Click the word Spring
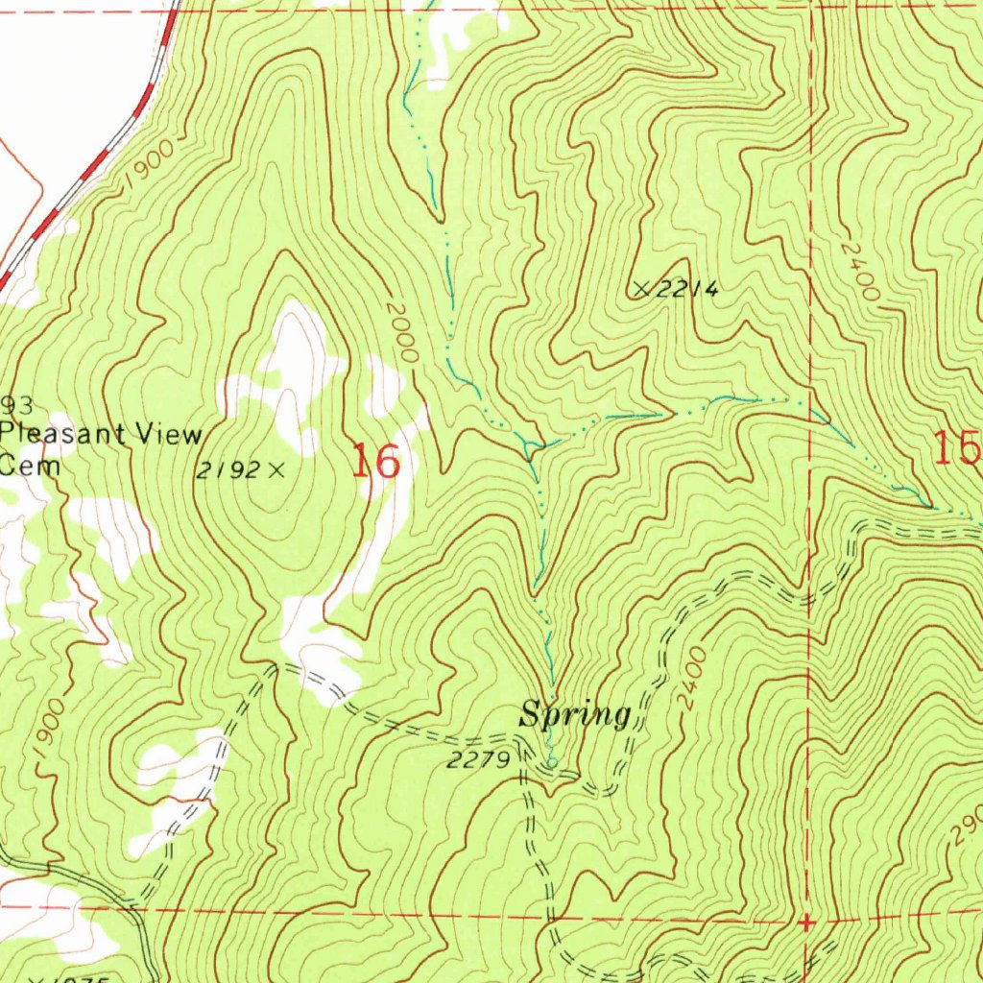click(575, 715)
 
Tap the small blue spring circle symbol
click(551, 763)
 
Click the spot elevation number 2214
click(687, 290)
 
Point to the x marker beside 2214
click(642, 288)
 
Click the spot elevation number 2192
click(228, 470)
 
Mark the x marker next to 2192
click(276, 469)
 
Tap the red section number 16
click(374, 462)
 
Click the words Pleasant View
click(101, 434)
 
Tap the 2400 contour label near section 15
click(857, 270)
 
